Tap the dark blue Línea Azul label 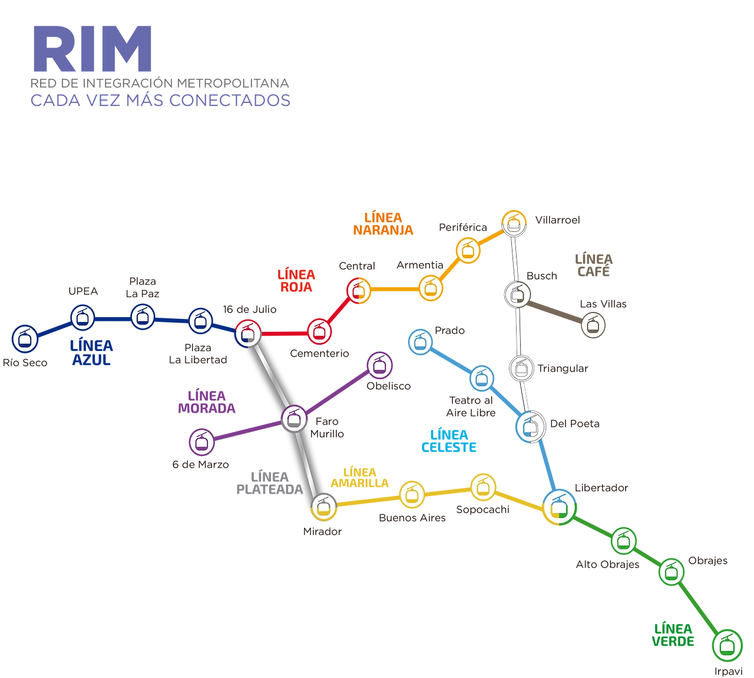(91, 353)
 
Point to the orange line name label (383, 223)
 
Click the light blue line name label (448, 441)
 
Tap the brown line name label (594, 264)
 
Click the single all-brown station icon (593, 325)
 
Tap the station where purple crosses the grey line (293, 418)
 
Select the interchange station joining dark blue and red (248, 333)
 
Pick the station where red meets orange (357, 290)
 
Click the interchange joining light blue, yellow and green (558, 506)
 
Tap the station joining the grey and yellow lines (322, 506)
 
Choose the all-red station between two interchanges (319, 331)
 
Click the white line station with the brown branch (518, 294)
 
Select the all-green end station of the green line (727, 646)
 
